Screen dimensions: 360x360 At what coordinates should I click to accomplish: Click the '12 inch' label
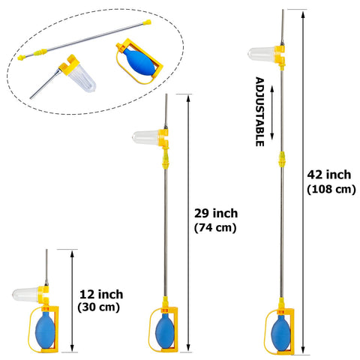point(101,295)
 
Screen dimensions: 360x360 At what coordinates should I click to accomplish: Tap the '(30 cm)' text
point(98,307)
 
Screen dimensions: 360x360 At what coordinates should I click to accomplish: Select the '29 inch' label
point(216,214)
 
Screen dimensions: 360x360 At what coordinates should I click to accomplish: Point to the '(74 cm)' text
point(215,228)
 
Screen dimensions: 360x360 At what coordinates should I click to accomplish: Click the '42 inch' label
point(329,175)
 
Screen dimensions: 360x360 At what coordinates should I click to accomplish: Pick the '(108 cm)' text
point(331,189)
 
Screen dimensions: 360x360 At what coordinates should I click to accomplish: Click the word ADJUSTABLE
point(259,112)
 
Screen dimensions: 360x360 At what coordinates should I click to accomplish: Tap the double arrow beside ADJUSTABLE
point(272,112)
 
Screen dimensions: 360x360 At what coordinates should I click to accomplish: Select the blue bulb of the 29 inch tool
point(164,331)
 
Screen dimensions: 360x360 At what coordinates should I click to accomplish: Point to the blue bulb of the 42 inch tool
point(280,333)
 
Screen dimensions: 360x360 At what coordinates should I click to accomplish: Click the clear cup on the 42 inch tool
point(262,53)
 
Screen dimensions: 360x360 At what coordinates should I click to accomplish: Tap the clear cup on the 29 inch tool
point(146,137)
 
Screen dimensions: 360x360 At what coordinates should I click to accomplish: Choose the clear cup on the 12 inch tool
point(25,294)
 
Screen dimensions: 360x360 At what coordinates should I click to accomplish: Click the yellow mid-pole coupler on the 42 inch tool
point(282,159)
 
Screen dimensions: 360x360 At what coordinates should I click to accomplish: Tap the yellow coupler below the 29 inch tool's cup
point(166,158)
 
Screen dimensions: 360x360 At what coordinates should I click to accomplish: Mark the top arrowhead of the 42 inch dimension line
point(303,15)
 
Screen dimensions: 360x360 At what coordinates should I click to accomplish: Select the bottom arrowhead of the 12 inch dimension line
point(72,347)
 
